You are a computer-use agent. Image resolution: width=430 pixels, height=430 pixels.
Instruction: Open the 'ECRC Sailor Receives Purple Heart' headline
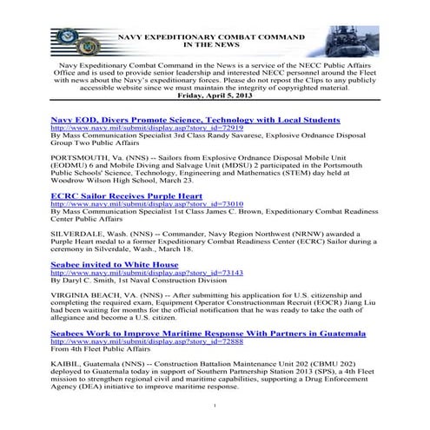pyautogui.click(x=127, y=195)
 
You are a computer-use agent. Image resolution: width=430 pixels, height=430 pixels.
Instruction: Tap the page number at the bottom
pyautogui.click(x=215, y=405)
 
